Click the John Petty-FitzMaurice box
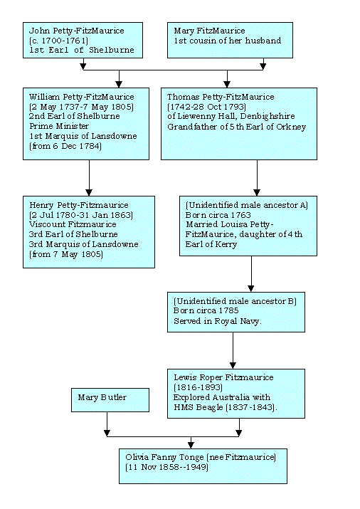[83, 41]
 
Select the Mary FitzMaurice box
[230, 41]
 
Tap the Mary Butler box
[110, 400]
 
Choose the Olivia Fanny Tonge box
[203, 466]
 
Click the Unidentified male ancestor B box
[236, 312]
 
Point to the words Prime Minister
[59, 126]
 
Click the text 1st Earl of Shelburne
[81, 50]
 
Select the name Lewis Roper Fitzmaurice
[223, 377]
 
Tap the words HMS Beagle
[198, 407]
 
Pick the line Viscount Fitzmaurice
[73, 224]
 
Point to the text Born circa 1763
[218, 215]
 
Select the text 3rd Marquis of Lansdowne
[84, 244]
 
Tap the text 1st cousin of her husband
[228, 41]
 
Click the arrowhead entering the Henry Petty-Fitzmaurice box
[89, 192]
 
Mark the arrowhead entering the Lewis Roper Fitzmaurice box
[233, 365]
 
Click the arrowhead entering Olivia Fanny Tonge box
[191, 446]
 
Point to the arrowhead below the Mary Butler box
[107, 433]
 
